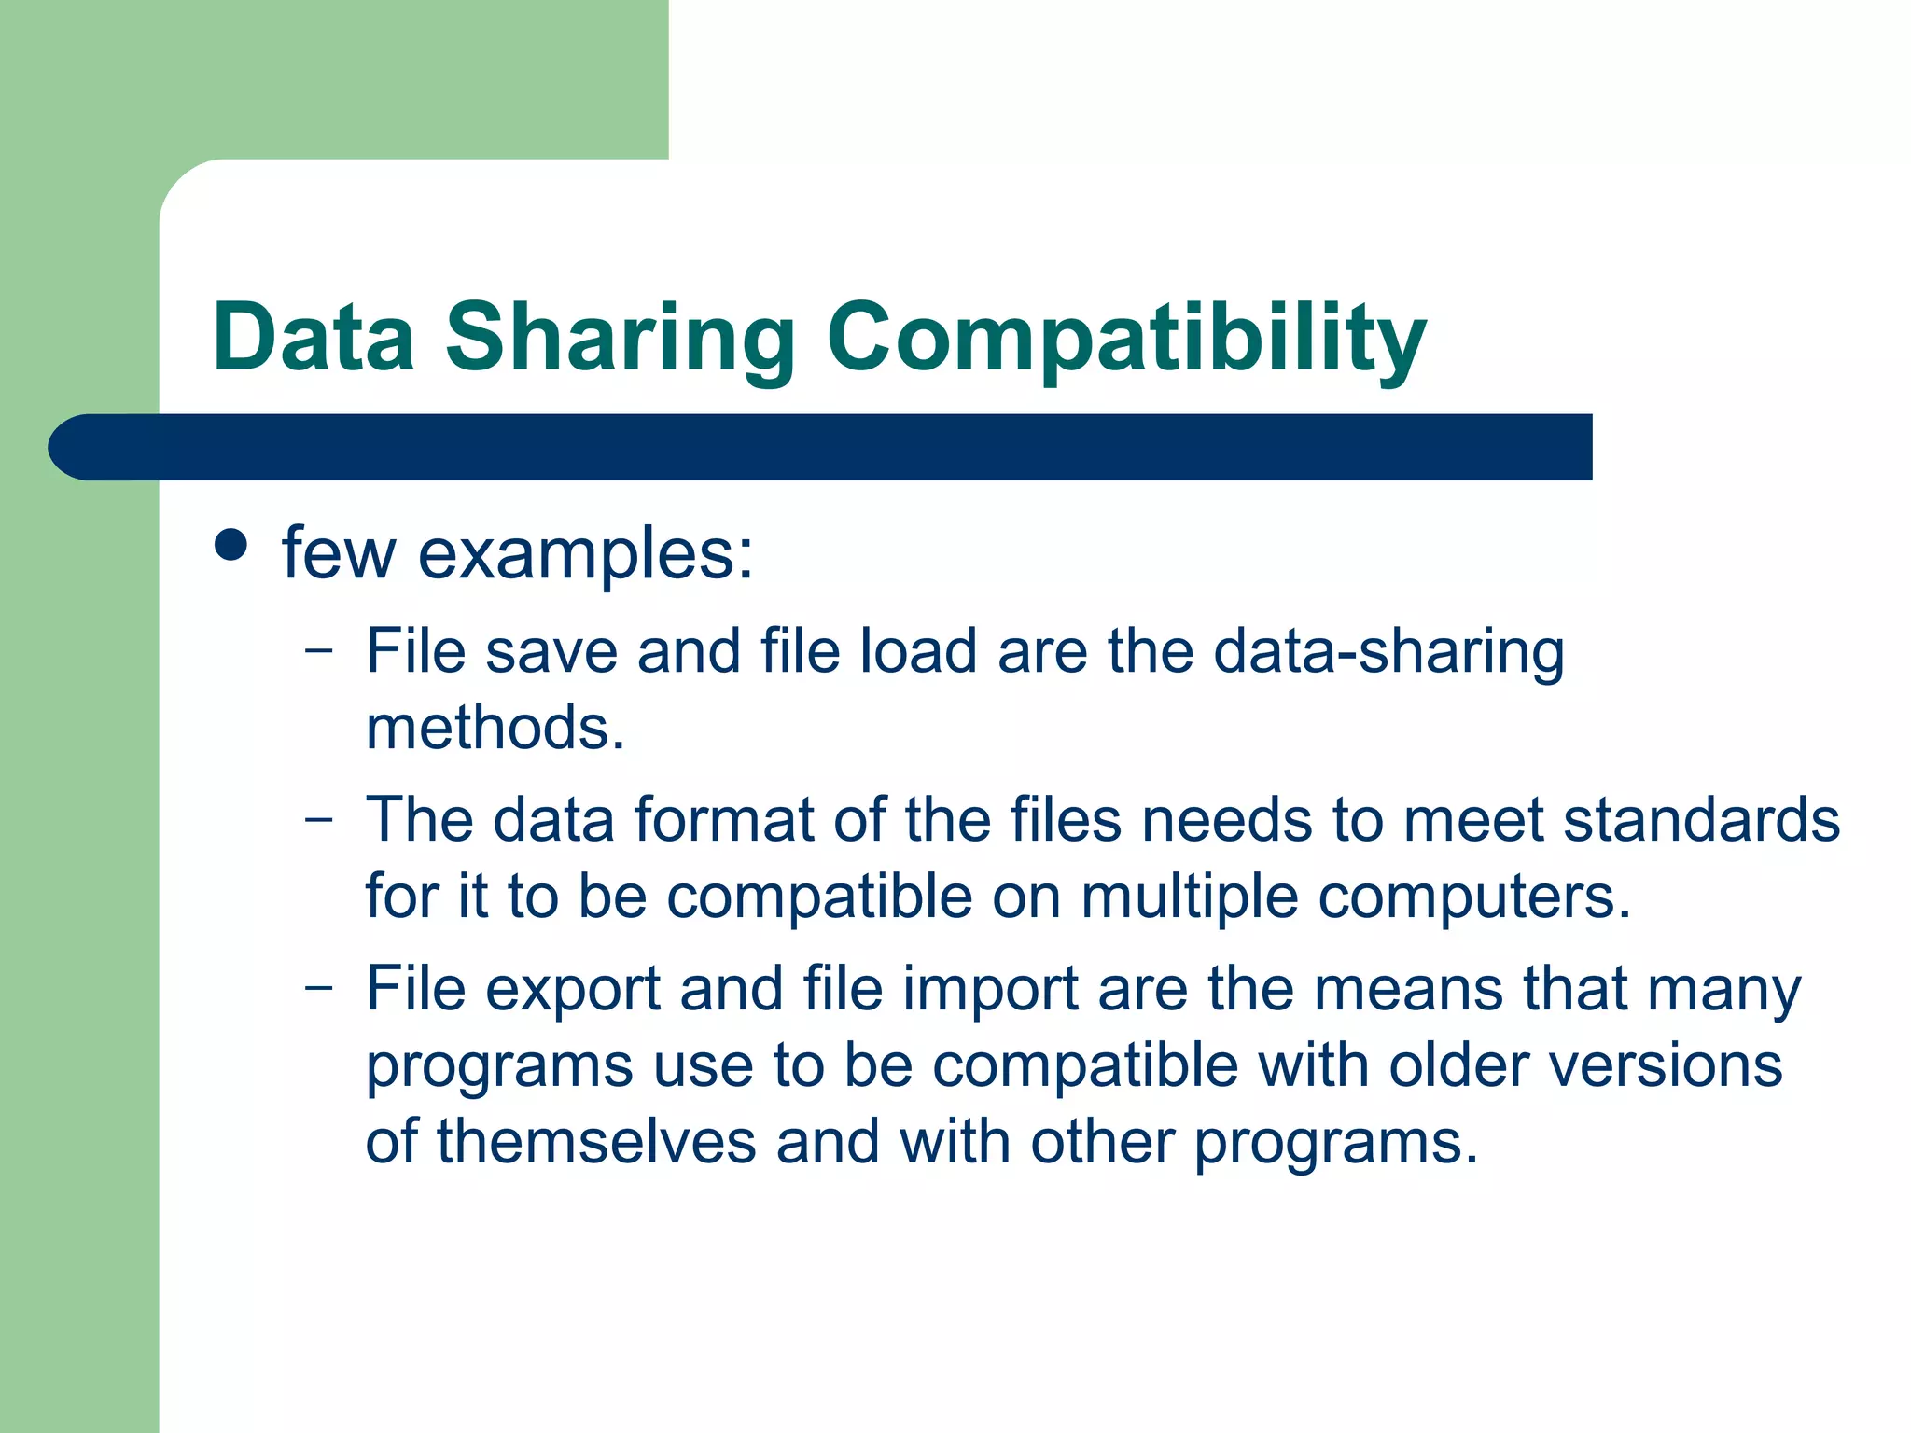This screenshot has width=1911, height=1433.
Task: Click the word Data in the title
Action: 314,337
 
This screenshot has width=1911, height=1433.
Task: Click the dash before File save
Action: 318,649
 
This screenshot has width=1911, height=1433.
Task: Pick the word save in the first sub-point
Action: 551,651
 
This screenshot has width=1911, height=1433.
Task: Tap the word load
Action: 918,650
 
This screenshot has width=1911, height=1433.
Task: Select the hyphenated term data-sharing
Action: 1388,651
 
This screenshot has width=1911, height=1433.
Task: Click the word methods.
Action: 495,728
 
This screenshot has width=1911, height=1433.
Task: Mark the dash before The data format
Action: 318,819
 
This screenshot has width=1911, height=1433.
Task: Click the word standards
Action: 1701,820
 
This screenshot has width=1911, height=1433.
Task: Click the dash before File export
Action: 318,987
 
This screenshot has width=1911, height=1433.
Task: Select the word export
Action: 572,990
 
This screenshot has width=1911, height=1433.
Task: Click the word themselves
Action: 596,1142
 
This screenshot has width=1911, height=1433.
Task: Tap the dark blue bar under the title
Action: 821,447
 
